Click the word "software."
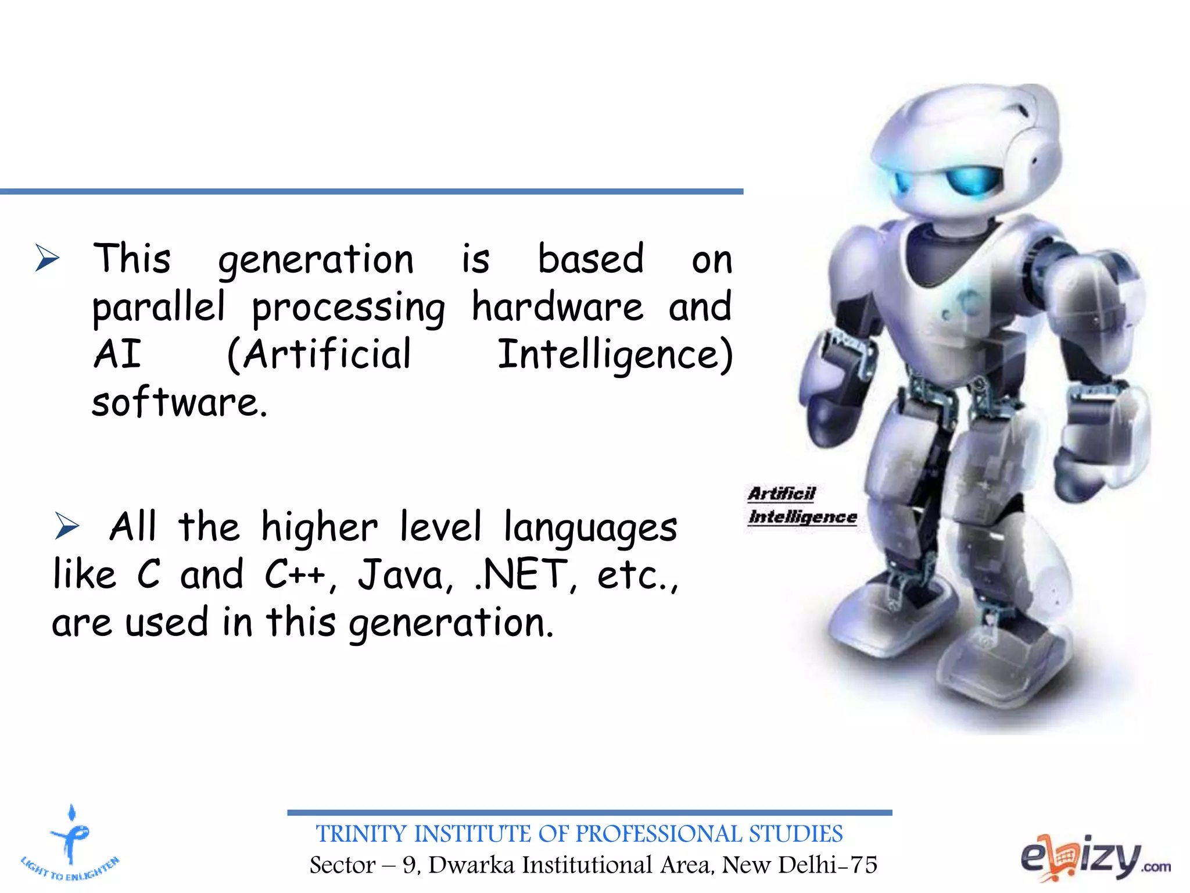[x=180, y=402]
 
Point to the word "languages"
[x=590, y=528]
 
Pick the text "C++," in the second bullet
[x=300, y=574]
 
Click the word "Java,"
[x=405, y=574]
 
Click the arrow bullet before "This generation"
[x=48, y=258]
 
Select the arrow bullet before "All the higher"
[x=67, y=526]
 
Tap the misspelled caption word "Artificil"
[x=782, y=494]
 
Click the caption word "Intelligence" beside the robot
[x=802, y=517]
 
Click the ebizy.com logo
[x=1095, y=858]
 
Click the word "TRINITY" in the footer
[x=360, y=834]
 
